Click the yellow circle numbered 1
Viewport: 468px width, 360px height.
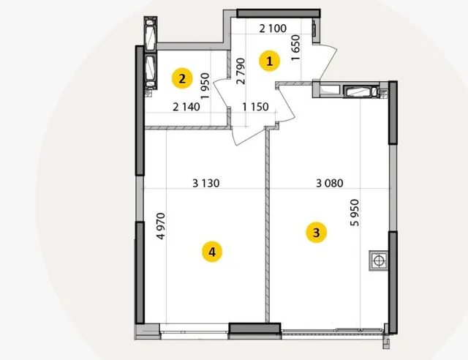[270, 61]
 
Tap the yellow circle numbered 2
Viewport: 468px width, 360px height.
[182, 78]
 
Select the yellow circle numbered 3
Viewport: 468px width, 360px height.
[317, 233]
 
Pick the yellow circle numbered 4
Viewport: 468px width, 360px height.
[212, 252]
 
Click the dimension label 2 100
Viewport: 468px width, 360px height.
[273, 29]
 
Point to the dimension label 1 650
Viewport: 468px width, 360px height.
[295, 48]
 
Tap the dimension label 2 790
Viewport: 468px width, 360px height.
[241, 71]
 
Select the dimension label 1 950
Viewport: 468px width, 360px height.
[205, 86]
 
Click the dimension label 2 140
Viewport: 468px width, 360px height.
[186, 107]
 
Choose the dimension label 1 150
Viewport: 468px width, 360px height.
[255, 107]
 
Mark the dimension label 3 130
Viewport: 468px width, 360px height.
[206, 183]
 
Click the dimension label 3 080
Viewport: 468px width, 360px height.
[330, 183]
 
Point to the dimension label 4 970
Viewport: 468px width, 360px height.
[161, 226]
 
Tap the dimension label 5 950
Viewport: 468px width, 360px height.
[355, 213]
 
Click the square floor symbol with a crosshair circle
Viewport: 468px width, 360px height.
[379, 260]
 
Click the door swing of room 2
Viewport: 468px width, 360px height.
[222, 94]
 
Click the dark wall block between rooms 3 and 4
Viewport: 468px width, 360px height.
[254, 328]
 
